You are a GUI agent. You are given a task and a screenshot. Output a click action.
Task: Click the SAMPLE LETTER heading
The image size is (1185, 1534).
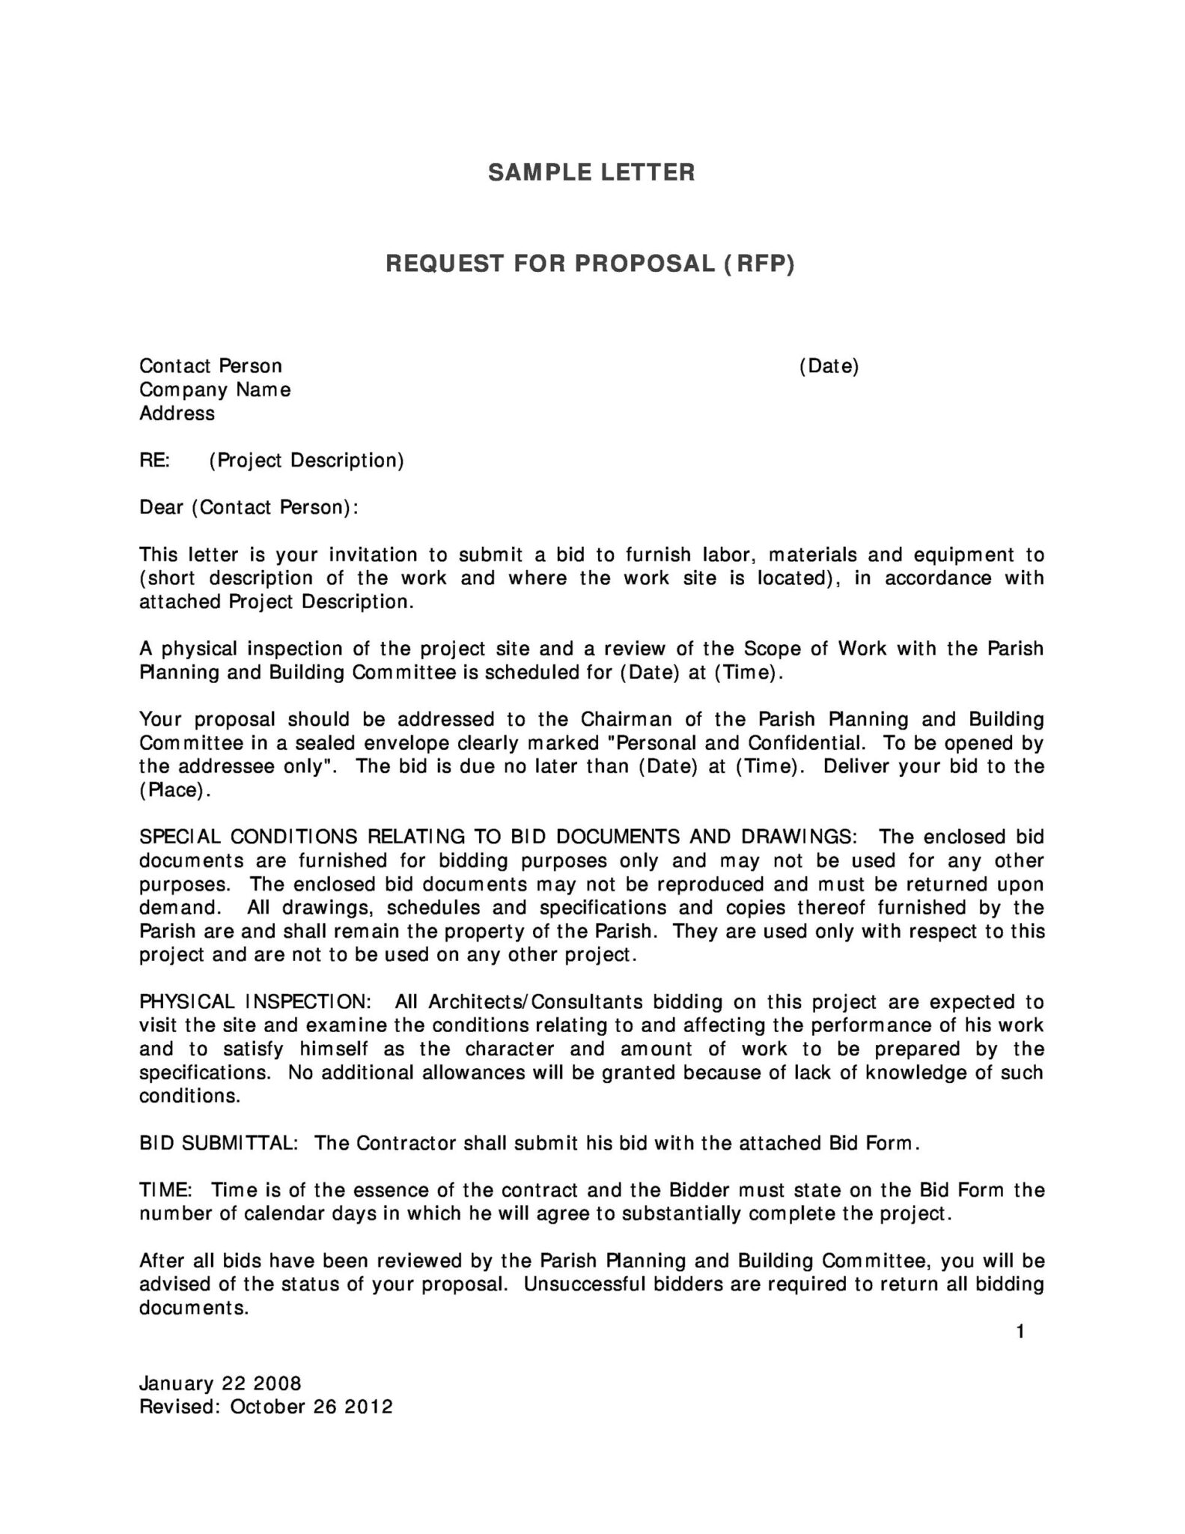pyautogui.click(x=591, y=172)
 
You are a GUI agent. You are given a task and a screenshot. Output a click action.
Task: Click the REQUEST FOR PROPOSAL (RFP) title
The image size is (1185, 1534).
pyautogui.click(x=590, y=264)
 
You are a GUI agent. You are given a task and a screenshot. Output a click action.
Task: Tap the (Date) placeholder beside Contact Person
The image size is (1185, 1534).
pyautogui.click(x=829, y=366)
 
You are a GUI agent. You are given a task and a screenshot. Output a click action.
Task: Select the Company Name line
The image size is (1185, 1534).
pyautogui.click(x=215, y=390)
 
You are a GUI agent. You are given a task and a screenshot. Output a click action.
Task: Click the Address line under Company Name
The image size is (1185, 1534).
pyautogui.click(x=177, y=413)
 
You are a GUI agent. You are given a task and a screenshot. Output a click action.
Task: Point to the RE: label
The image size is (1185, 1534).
pyautogui.click(x=155, y=460)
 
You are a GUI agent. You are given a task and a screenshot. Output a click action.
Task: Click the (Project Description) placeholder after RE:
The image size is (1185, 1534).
pyautogui.click(x=306, y=461)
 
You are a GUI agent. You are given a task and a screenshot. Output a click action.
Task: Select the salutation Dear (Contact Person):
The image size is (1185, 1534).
pyautogui.click(x=249, y=508)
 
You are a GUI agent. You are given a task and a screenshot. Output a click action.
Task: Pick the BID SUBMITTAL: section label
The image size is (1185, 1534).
pyautogui.click(x=219, y=1144)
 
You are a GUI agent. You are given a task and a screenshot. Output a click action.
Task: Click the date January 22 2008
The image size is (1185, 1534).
pyautogui.click(x=220, y=1383)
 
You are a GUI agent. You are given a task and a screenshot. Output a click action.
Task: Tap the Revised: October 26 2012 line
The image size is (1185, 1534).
pyautogui.click(x=266, y=1407)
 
